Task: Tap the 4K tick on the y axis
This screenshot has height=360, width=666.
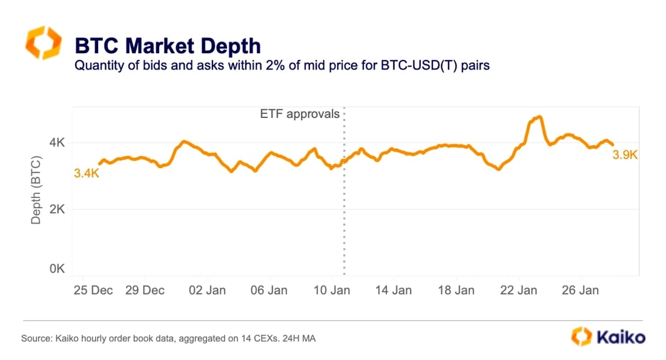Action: [x=58, y=143]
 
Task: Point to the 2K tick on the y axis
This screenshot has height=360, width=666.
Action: [x=58, y=209]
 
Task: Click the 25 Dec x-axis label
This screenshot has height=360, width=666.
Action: [x=93, y=290]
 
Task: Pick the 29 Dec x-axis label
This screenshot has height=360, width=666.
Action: [x=145, y=290]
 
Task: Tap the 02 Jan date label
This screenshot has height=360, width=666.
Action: [x=208, y=290]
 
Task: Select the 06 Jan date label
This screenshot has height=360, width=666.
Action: [x=269, y=290]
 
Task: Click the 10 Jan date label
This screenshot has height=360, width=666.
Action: [x=332, y=290]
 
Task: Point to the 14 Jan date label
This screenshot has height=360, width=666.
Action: [x=394, y=290]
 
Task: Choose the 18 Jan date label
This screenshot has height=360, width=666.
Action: [x=456, y=290]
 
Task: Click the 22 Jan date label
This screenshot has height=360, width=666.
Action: [x=518, y=290]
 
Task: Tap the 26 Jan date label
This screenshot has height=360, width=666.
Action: [x=580, y=290]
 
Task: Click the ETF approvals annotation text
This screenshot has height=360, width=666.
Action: [x=300, y=114]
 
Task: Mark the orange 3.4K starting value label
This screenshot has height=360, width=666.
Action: [x=87, y=174]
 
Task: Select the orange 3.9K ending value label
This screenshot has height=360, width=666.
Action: [x=625, y=155]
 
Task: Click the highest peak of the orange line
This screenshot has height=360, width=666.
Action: [x=539, y=117]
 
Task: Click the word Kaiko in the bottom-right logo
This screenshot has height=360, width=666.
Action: [x=621, y=337]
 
